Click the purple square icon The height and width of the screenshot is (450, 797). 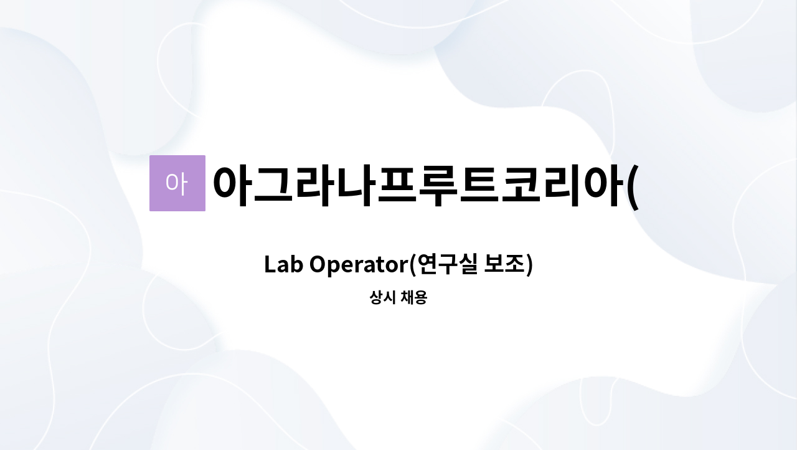(177, 183)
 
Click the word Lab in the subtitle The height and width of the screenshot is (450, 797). (284, 265)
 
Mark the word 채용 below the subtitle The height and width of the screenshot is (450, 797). (413, 298)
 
